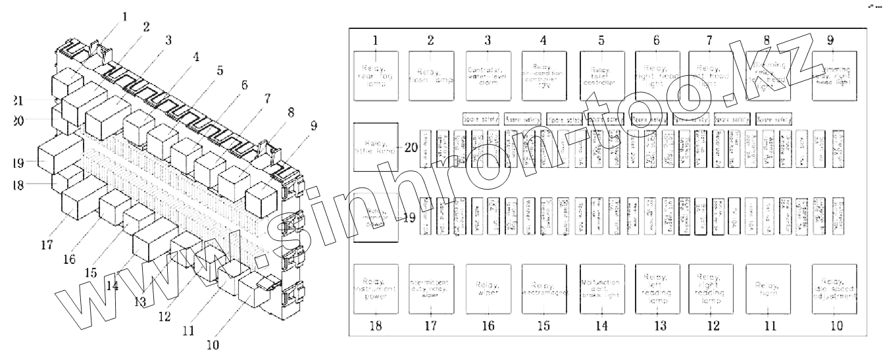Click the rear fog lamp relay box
pyautogui.click(x=375, y=76)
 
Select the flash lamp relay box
pyautogui.click(x=430, y=76)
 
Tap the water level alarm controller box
pyautogui.click(x=488, y=76)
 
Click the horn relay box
pyautogui.click(x=768, y=288)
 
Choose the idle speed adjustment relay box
pyautogui.click(x=834, y=288)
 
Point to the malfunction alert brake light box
pyautogui.click(x=601, y=288)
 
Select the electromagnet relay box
pyautogui.click(x=543, y=288)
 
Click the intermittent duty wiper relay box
pyautogui.click(x=430, y=288)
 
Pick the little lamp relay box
pyautogui.click(x=375, y=147)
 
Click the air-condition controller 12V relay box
pyautogui.click(x=543, y=76)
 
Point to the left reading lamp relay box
pyautogui.click(x=657, y=288)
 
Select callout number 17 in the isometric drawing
pyautogui.click(x=45, y=245)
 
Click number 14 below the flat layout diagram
pyautogui.click(x=601, y=325)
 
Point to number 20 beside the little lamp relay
pyautogui.click(x=413, y=147)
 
